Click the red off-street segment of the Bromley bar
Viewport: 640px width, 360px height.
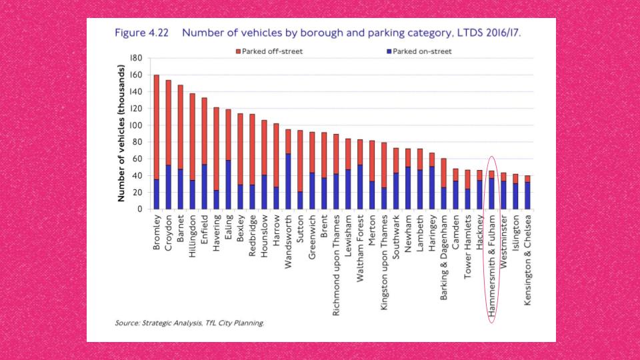pyautogui.click(x=157, y=127)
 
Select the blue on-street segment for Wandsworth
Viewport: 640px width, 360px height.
pyautogui.click(x=288, y=181)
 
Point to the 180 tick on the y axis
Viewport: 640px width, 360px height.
pyautogui.click(x=135, y=58)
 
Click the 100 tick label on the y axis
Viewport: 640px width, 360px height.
pyautogui.click(x=135, y=125)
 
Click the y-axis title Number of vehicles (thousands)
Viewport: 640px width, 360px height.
pyautogui.click(x=121, y=133)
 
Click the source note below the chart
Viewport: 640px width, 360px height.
pyautogui.click(x=189, y=323)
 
